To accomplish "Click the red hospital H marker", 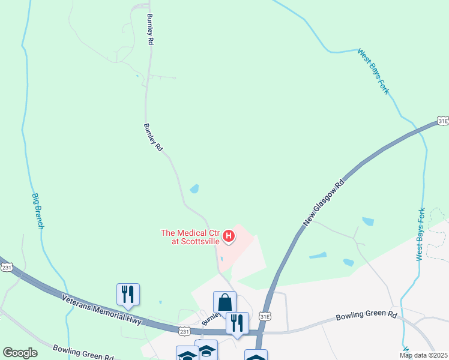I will click(229, 236).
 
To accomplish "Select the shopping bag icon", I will click(225, 302).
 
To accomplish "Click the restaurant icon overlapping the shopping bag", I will click(237, 323).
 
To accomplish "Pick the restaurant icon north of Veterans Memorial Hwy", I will click(128, 294).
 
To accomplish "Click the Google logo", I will click(20, 353).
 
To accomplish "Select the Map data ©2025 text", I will click(423, 355).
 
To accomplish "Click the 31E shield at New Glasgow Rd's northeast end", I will click(442, 121).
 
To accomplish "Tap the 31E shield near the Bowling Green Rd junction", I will click(265, 316).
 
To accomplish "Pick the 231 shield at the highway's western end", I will click(7, 267).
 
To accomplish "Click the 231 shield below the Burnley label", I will click(185, 331).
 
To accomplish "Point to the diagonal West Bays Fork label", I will click(373, 71).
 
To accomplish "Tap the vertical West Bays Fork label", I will click(421, 234).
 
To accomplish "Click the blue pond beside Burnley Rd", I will click(194, 189).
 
